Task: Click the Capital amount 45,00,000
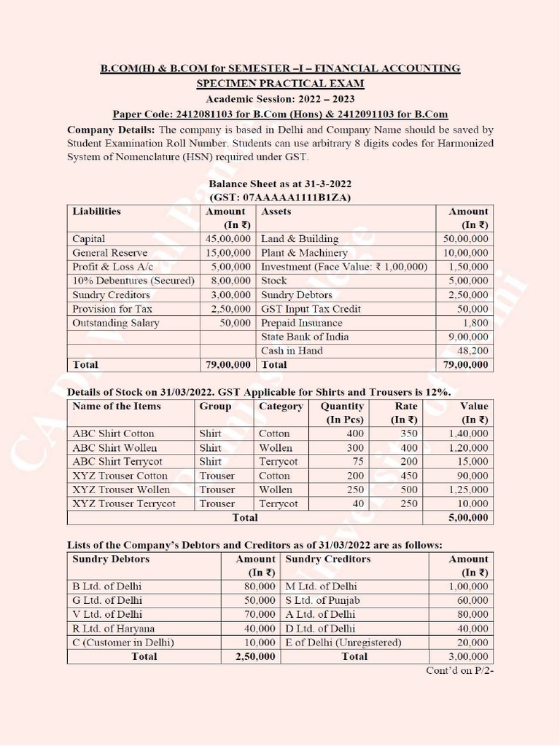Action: point(228,239)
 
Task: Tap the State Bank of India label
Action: point(305,337)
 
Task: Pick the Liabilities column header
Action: point(97,211)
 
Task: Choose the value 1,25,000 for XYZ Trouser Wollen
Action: point(468,490)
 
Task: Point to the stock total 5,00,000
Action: point(468,518)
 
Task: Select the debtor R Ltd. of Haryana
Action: point(113,628)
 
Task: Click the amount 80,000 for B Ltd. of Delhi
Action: point(259,586)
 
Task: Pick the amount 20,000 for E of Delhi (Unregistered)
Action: point(472,643)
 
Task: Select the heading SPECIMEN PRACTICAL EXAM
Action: point(280,84)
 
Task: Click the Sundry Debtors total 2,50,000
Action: point(255,656)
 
